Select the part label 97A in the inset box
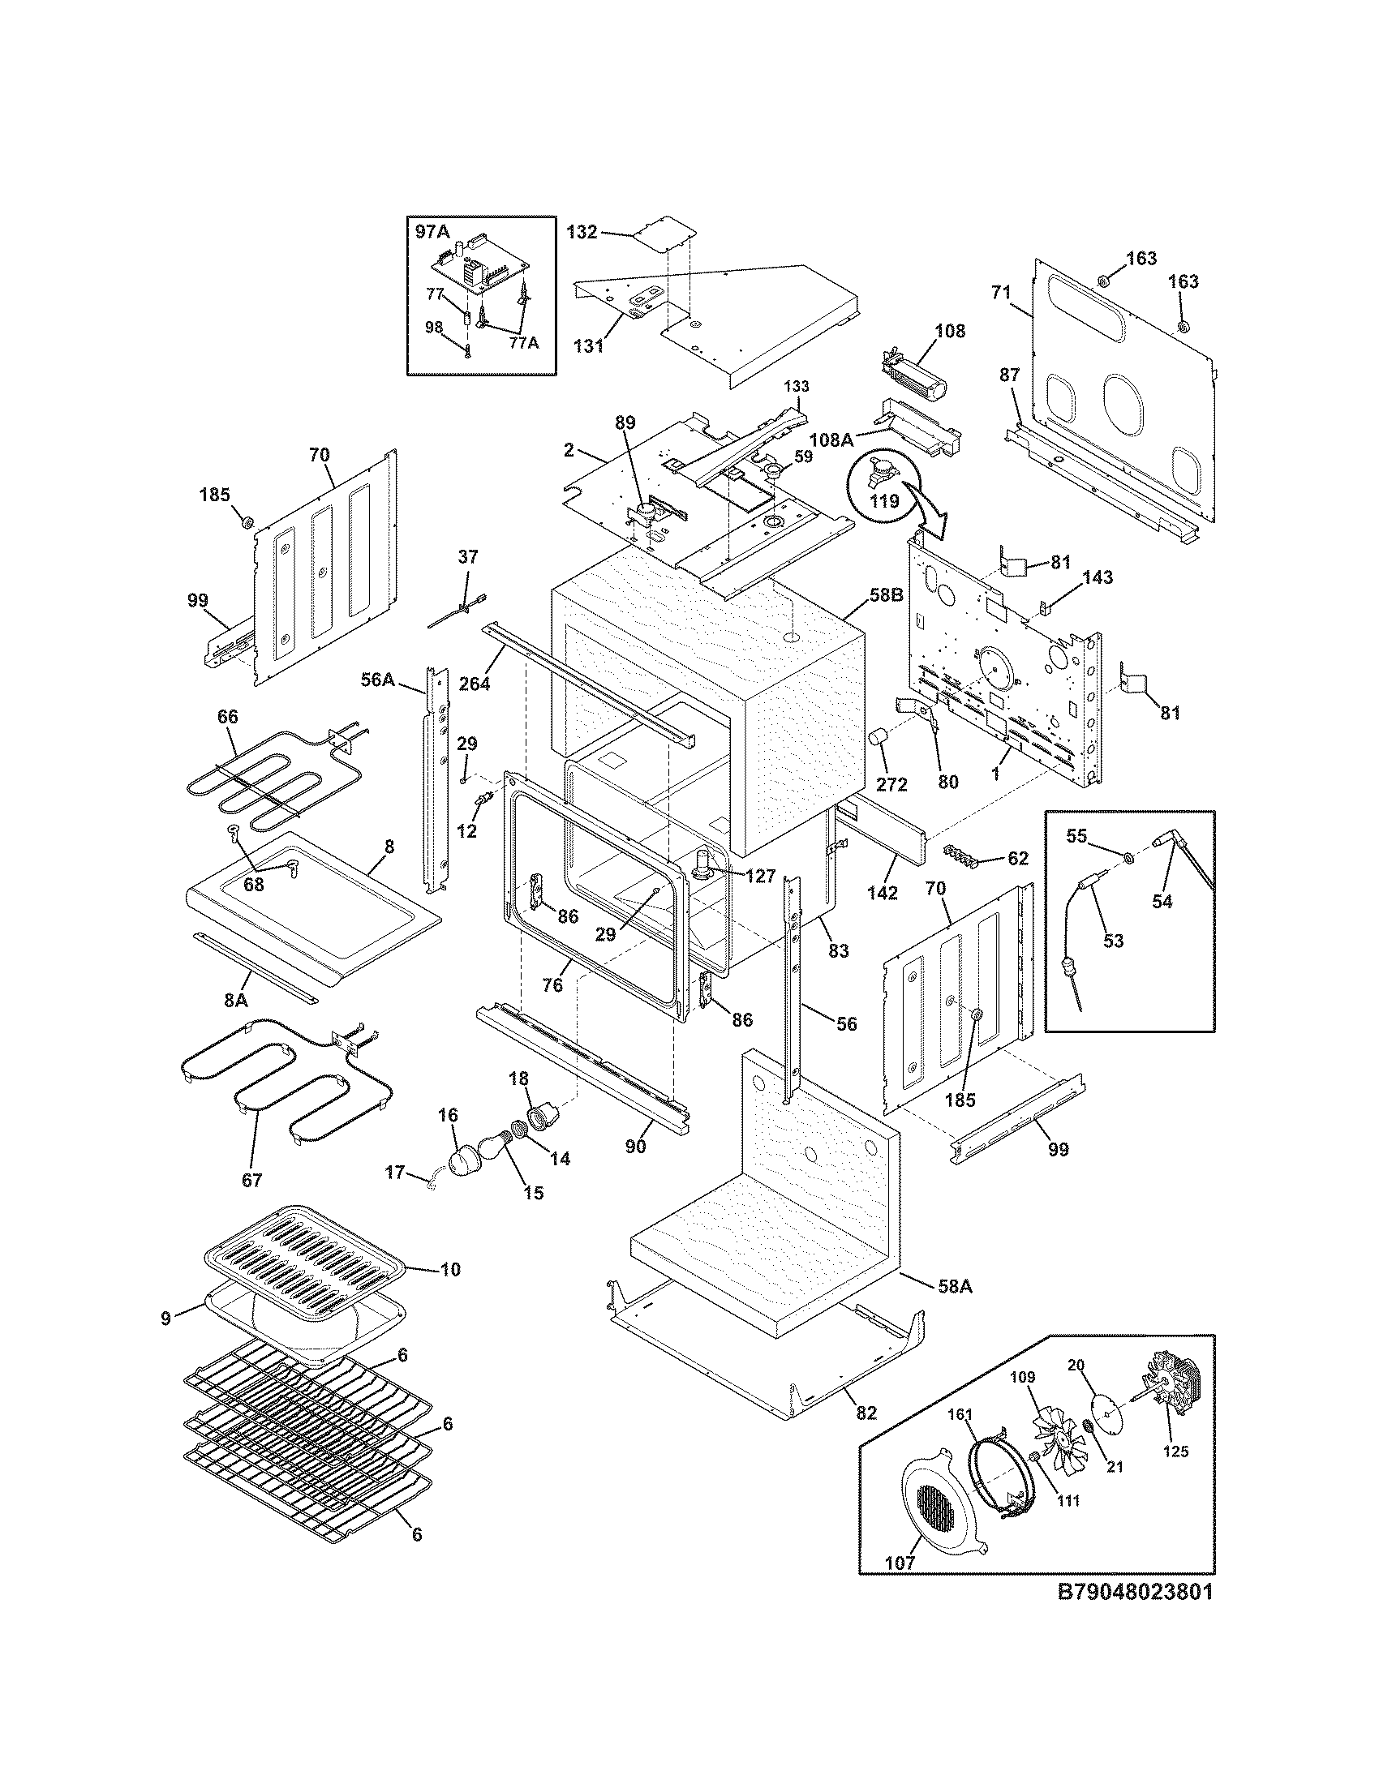pyautogui.click(x=432, y=232)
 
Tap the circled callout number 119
pyautogui.click(x=884, y=500)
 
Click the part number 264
pyautogui.click(x=475, y=684)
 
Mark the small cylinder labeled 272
pyautogui.click(x=879, y=740)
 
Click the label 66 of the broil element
pyautogui.click(x=227, y=716)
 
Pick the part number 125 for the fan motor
pyautogui.click(x=1176, y=1451)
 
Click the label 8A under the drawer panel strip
pyautogui.click(x=236, y=999)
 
